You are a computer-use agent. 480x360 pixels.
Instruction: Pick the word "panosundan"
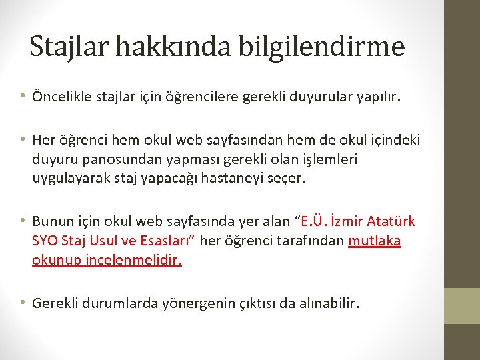pos(111,160)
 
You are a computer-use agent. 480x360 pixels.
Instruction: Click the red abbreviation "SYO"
pos(44,240)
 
